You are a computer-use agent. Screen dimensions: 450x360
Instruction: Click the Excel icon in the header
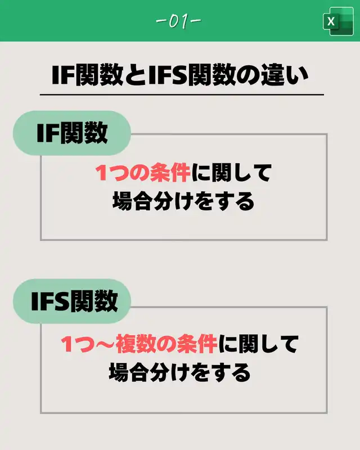pyautogui.click(x=337, y=22)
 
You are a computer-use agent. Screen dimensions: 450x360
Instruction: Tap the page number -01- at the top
pyautogui.click(x=179, y=21)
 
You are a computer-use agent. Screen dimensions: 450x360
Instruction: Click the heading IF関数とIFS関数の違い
pyautogui.click(x=179, y=75)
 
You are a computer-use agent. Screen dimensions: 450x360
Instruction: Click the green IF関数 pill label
pyautogui.click(x=72, y=133)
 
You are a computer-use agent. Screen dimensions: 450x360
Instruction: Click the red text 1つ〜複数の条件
pyautogui.click(x=138, y=344)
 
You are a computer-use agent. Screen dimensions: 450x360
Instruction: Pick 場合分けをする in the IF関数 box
pyautogui.click(x=183, y=201)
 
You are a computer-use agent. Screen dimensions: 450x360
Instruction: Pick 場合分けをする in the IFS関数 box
pyautogui.click(x=179, y=371)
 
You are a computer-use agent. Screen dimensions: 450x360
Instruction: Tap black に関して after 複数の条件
pyautogui.click(x=258, y=344)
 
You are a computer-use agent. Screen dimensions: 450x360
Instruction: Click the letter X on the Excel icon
pyautogui.click(x=331, y=22)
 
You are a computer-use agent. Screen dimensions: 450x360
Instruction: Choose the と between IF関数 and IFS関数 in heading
pyautogui.click(x=135, y=75)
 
